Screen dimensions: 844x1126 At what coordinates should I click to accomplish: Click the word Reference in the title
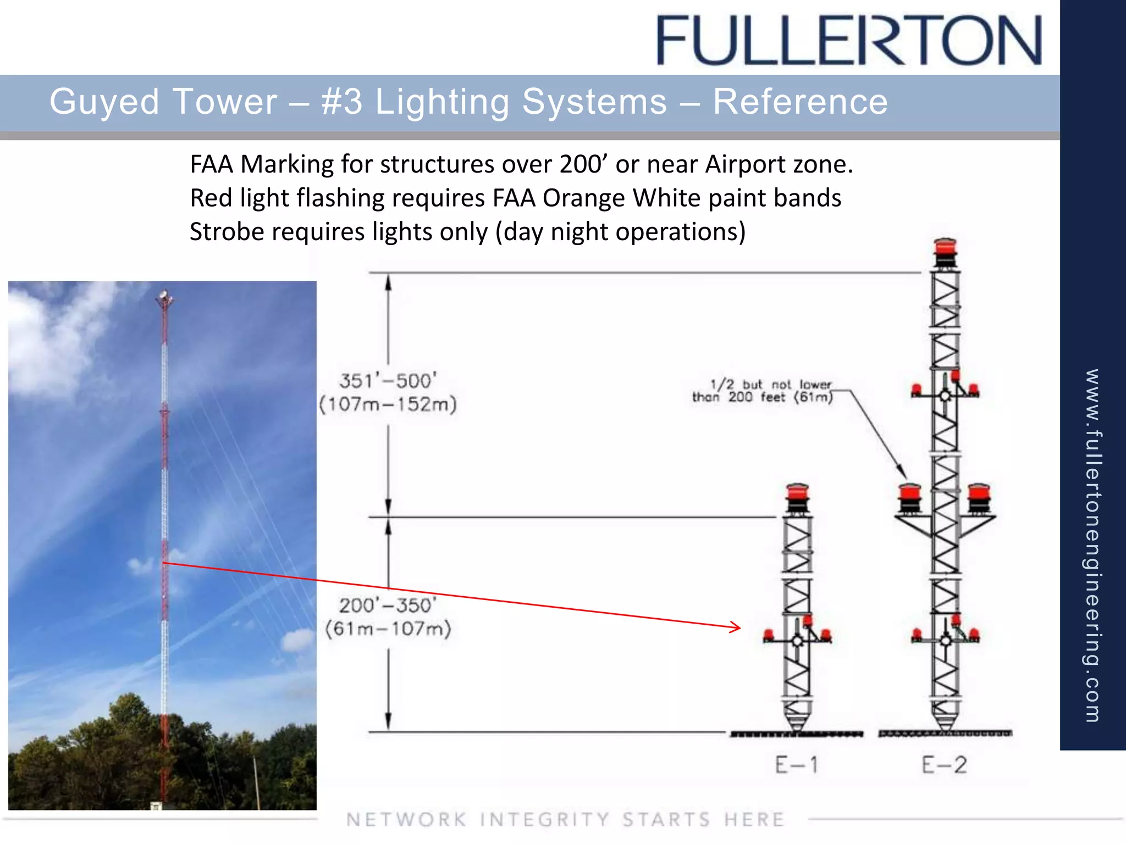[x=800, y=102]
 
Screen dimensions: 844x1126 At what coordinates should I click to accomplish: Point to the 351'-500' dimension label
[x=388, y=380]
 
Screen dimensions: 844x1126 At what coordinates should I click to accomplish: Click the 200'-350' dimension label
[x=388, y=605]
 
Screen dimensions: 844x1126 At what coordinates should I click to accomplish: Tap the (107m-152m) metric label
[x=388, y=404]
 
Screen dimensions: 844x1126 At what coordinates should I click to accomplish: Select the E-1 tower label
[x=797, y=764]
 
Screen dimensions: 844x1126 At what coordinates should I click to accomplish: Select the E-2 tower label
[x=944, y=764]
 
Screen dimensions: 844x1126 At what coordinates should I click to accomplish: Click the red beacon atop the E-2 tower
[x=945, y=251]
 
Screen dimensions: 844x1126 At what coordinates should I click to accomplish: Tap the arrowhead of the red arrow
[x=736, y=627]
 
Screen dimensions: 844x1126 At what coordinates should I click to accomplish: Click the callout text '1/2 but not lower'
[x=771, y=384]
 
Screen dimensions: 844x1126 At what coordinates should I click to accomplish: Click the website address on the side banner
[x=1092, y=544]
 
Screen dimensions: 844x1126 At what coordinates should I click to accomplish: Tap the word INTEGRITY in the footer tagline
[x=544, y=819]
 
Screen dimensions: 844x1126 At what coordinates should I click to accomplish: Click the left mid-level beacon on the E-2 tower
[x=909, y=497]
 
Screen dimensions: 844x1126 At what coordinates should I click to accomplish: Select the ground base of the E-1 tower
[x=797, y=733]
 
